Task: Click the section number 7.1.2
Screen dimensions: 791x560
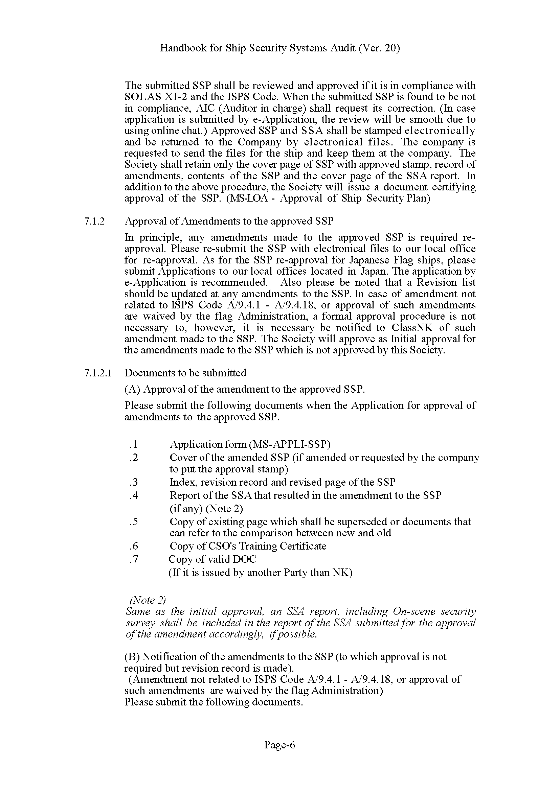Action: [x=94, y=221]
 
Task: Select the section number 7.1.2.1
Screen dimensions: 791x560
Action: [x=98, y=373]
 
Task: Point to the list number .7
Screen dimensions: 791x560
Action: [x=134, y=559]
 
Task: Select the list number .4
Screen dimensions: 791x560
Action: [x=134, y=495]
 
